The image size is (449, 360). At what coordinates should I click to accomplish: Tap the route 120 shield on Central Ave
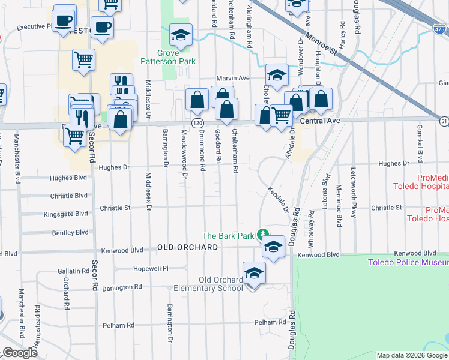pos(197,122)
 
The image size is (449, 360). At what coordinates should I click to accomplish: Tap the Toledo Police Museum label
pos(408,262)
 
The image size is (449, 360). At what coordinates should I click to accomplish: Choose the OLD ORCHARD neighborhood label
pos(187,247)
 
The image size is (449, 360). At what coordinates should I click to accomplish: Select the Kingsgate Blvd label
pos(66,214)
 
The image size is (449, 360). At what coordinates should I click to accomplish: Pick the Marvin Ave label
pos(233,78)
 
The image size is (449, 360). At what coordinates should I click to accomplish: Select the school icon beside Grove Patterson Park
pos(180,35)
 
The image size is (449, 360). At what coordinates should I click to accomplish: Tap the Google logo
pos(20,353)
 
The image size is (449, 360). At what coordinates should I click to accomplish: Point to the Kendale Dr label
pos(278,199)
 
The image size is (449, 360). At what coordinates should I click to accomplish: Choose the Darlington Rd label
pos(121,287)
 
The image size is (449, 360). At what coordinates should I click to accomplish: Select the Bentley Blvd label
pos(70,232)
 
